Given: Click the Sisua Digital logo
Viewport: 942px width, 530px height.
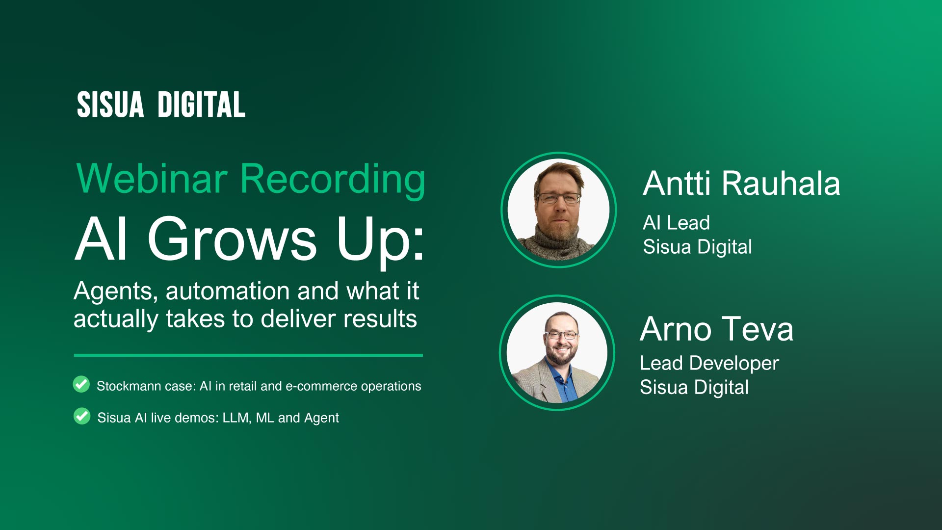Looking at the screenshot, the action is pos(161,105).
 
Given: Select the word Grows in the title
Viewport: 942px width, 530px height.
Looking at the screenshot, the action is pos(232,239).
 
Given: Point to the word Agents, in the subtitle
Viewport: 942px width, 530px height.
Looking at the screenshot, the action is pos(116,292).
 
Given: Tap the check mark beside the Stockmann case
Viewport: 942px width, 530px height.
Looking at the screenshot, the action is pos(81,384).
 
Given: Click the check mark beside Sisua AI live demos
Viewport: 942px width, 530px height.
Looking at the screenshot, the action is pos(82,416).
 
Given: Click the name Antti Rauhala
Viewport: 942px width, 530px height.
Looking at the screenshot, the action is pos(741,184).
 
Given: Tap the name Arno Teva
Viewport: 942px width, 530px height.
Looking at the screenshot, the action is pos(716,329).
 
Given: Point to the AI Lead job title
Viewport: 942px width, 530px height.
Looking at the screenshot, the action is pos(676,223).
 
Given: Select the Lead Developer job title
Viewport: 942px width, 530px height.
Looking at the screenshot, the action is pos(709,364).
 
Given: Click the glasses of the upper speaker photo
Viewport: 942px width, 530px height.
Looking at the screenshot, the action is pos(559,198).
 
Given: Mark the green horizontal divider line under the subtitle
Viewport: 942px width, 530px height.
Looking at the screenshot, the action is pos(248,355).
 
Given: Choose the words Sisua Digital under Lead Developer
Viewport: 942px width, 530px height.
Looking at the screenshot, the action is pos(694,388).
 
